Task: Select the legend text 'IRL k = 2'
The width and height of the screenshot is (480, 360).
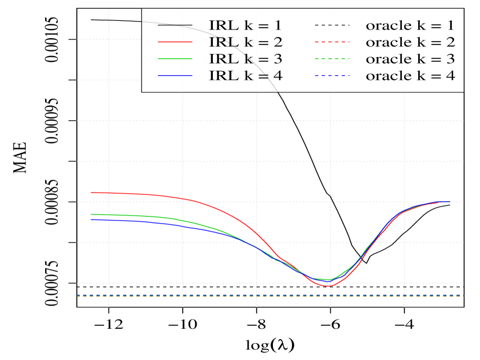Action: click(246, 42)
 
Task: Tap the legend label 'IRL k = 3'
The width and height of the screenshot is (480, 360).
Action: click(246, 59)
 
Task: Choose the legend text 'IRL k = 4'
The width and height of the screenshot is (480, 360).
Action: click(246, 76)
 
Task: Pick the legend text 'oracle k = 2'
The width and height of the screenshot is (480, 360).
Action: click(410, 42)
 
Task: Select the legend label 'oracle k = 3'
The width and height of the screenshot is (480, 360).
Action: click(410, 59)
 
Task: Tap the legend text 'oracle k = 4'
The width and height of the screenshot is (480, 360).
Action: click(410, 76)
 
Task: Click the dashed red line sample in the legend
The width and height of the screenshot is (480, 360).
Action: click(333, 42)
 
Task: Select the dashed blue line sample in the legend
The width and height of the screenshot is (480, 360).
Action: click(333, 76)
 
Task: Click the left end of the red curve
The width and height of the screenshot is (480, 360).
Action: click(91, 192)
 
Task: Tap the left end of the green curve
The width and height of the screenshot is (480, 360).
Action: click(91, 214)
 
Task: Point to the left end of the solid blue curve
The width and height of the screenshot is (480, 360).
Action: click(91, 220)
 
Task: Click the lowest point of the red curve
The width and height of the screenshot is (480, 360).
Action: click(327, 285)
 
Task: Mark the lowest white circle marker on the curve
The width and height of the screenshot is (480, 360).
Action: click(365, 263)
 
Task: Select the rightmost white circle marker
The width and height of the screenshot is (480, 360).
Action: click(450, 205)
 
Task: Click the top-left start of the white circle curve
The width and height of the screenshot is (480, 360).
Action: click(91, 20)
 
